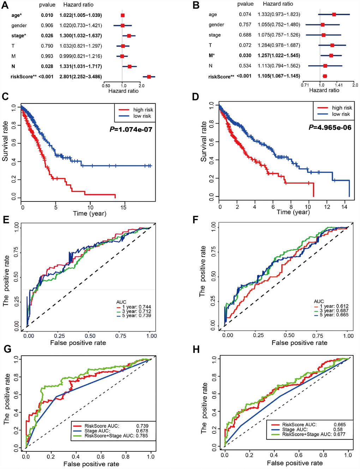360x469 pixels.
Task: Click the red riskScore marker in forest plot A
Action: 149,77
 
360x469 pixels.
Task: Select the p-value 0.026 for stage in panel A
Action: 47,36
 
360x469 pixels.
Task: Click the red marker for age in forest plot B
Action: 334,14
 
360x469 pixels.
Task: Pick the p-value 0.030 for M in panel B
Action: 245,55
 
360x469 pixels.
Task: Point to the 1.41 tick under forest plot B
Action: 338,85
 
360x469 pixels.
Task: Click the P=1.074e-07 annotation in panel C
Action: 131,130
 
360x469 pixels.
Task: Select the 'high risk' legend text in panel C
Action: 143,110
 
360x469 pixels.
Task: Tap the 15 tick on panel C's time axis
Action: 123,208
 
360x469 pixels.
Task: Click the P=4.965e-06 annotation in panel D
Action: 330,127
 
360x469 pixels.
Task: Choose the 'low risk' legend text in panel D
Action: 341,114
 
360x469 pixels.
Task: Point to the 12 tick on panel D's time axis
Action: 327,207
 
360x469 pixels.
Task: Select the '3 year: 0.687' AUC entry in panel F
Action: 334,311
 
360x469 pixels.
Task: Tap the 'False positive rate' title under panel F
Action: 299,343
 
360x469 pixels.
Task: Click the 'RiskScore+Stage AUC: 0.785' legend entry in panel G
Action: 116,436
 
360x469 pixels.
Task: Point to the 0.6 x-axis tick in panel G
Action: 101,457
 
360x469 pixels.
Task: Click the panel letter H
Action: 196,350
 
